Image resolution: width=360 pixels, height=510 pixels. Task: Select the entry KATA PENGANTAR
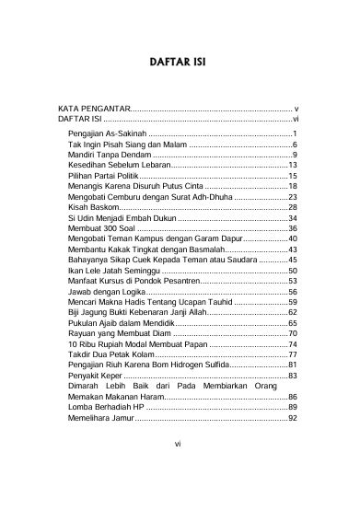(95, 109)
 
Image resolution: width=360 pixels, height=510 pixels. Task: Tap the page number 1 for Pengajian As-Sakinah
(294, 134)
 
